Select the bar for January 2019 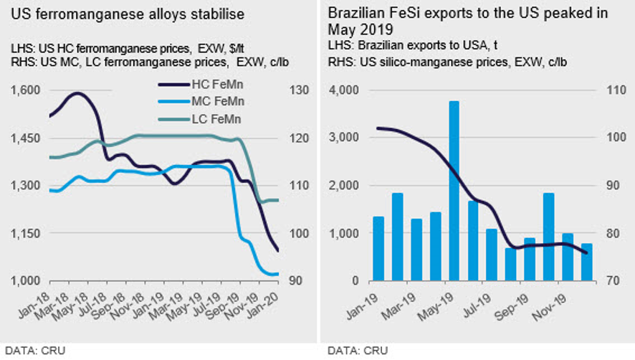pyautogui.click(x=379, y=248)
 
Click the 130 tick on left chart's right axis pyautogui.click(x=298, y=90)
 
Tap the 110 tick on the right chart pyautogui.click(x=613, y=90)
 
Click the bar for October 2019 pyautogui.click(x=548, y=237)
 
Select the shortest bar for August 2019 pyautogui.click(x=510, y=264)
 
